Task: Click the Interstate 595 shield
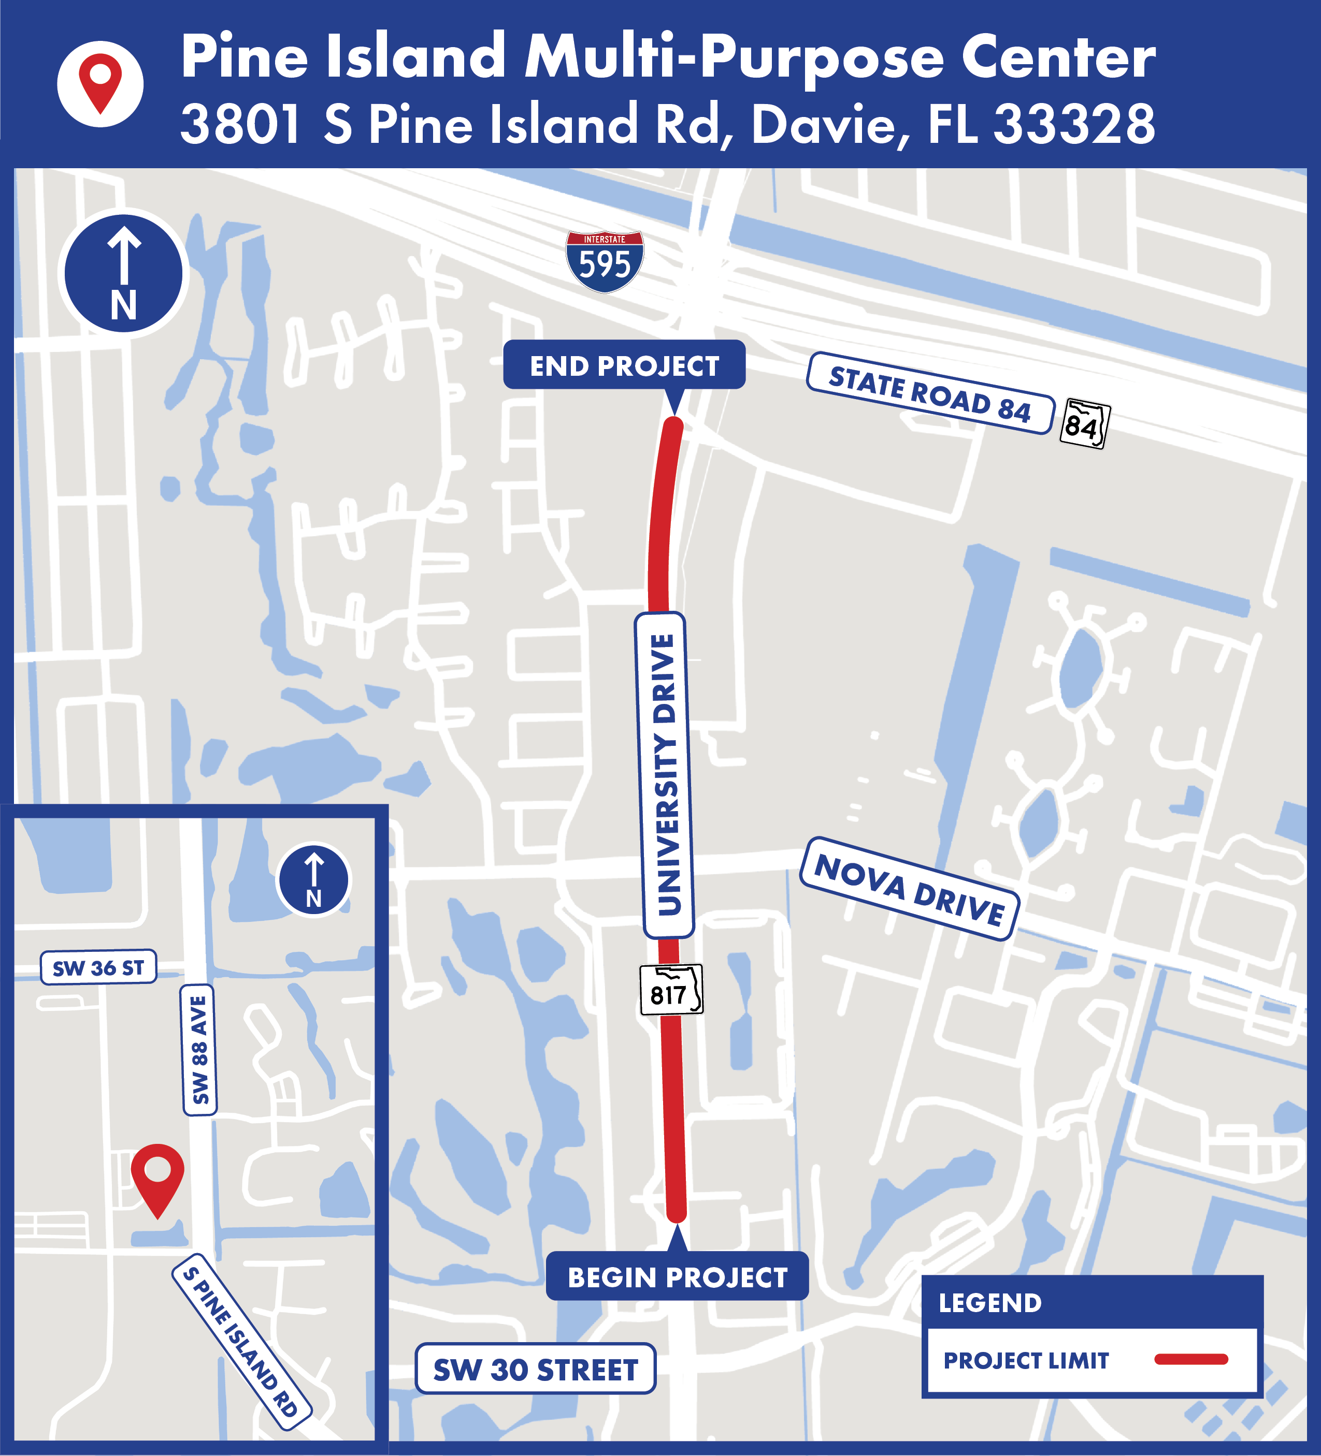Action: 604,261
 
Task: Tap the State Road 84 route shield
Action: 1084,424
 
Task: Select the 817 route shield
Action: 671,990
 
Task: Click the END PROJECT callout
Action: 624,365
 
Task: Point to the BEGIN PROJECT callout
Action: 677,1277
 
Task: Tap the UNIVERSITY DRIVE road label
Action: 664,775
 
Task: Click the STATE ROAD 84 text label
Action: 930,393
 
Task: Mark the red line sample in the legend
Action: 1191,1359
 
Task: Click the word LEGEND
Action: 990,1303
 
